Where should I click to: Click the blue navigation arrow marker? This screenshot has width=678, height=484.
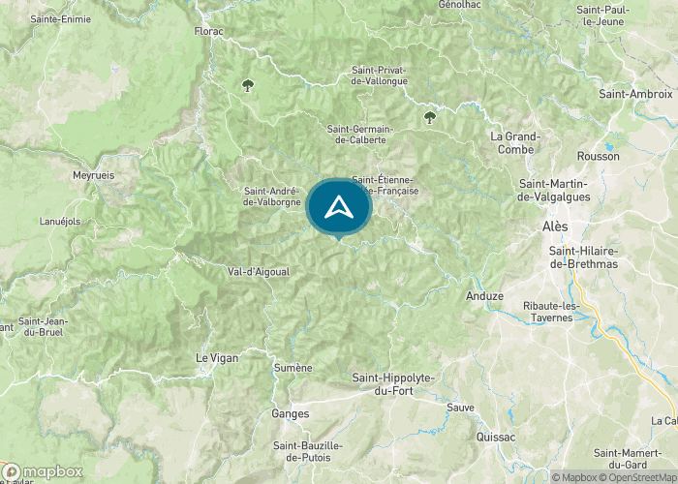point(339,206)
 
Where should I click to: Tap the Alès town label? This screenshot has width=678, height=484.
point(555,226)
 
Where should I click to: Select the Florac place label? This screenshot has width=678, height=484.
point(208,31)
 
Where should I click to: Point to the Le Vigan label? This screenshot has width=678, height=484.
point(216,357)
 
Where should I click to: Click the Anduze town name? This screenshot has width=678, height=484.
point(484,295)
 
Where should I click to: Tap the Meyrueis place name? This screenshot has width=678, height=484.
point(94,175)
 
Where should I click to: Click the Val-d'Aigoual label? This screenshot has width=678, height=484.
point(258,272)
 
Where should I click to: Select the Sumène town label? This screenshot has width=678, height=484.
point(293,368)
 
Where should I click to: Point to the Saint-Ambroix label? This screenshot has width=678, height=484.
point(635,94)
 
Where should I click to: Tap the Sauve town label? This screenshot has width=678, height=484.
point(461,408)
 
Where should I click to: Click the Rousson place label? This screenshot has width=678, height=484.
point(598,156)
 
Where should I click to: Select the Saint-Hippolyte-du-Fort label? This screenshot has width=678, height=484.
point(393,383)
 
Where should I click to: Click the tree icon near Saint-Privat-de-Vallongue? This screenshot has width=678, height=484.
point(429,117)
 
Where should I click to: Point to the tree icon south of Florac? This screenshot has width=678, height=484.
point(248,85)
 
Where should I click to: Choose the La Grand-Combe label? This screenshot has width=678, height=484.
point(515,142)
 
